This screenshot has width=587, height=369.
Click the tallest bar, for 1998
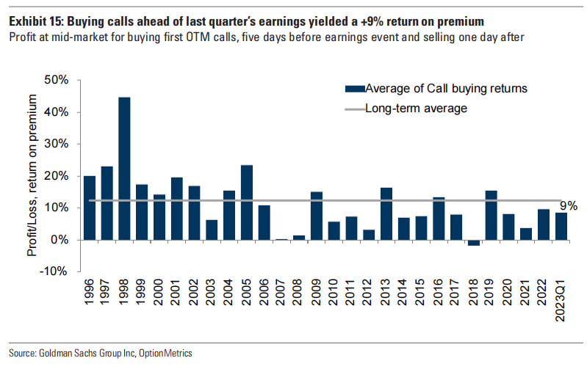tap(125, 169)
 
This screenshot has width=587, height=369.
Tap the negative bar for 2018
tap(474, 243)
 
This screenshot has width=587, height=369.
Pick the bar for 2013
tap(386, 214)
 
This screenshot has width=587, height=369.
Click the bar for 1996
tap(90, 208)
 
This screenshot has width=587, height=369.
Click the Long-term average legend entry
tap(416, 109)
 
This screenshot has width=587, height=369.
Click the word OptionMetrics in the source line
tap(165, 354)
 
